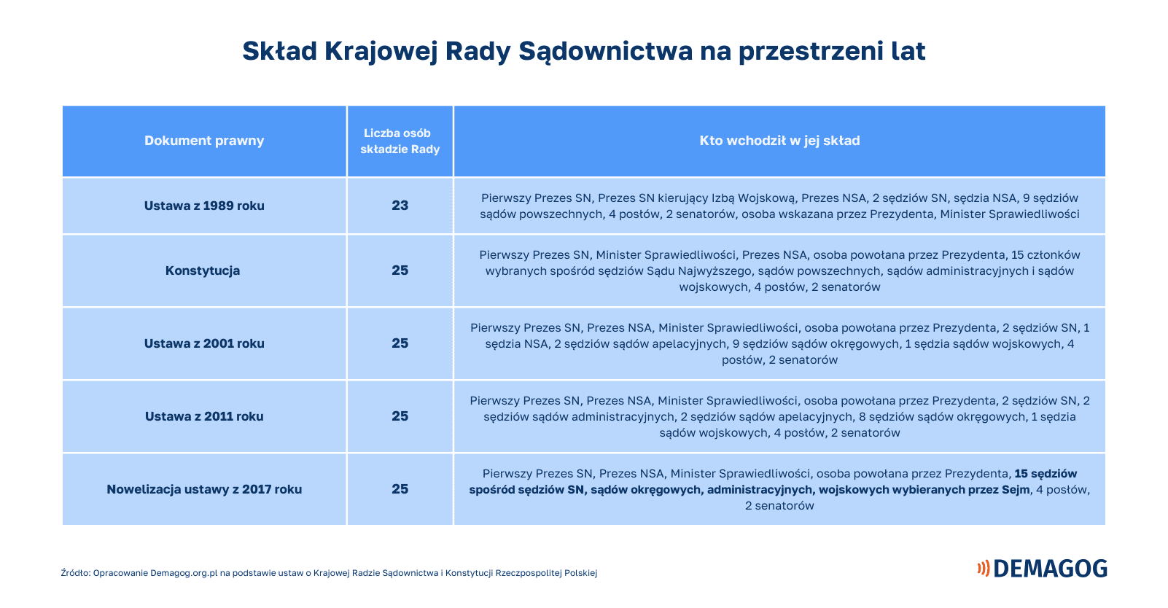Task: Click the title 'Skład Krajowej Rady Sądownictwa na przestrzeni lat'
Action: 583,52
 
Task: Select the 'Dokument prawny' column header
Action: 204,141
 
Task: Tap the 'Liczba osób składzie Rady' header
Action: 400,141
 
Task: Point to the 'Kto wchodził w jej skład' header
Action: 779,141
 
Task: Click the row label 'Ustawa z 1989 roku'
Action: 204,206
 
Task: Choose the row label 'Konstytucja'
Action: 203,270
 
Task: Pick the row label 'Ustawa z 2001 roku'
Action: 204,343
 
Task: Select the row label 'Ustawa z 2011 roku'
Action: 204,416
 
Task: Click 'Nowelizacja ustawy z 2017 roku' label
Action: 204,489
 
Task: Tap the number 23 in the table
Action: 400,206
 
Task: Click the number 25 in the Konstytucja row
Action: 400,270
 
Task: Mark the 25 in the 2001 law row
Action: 400,343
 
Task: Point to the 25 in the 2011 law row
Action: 400,416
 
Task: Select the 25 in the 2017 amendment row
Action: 400,489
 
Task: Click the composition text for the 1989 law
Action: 779,206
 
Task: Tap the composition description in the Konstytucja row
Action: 779,270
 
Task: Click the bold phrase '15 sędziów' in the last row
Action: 1046,473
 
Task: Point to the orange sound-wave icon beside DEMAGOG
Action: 984,569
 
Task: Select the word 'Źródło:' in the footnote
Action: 76,573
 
